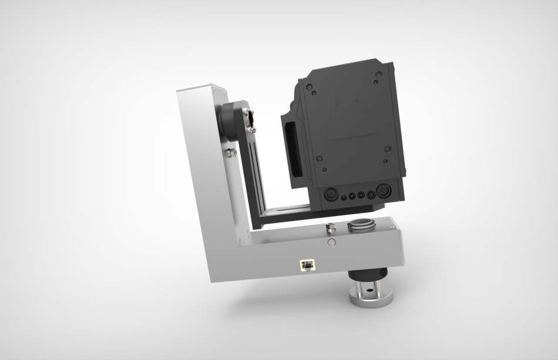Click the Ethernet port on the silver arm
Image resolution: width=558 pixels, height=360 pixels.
(x=307, y=265)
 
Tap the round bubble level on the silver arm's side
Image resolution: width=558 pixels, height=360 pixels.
(x=331, y=242)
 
